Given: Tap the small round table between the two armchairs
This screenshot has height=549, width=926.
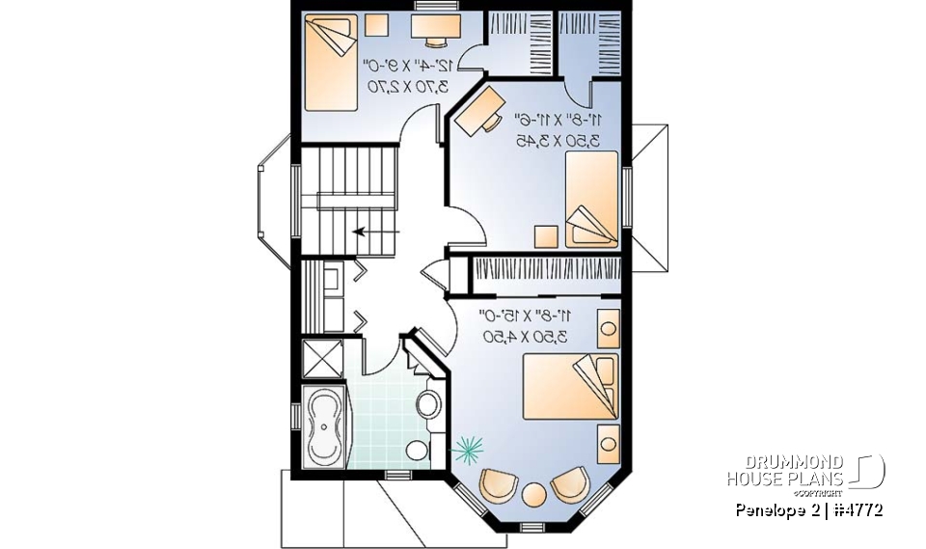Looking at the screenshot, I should [x=533, y=493].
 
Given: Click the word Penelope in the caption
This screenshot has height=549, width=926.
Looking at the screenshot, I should [x=768, y=509].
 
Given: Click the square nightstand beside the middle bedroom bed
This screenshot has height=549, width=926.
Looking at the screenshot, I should [x=546, y=235].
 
